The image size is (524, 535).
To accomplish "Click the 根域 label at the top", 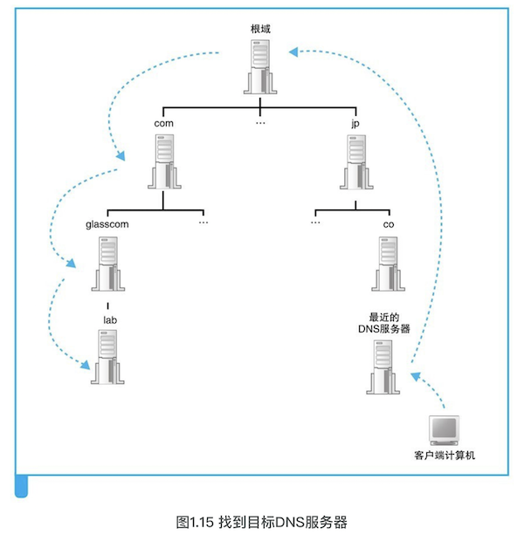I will coord(260,29).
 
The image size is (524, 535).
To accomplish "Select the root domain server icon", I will coord(260,66).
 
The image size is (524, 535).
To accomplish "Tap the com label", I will coord(163,123).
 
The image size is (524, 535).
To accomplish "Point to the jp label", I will coord(355,123).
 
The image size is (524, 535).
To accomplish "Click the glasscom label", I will coord(107,223).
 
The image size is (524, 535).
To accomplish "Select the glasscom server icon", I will coord(107,267).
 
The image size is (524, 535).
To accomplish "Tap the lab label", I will coord(110,319).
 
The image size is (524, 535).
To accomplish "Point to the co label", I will coord(389,223).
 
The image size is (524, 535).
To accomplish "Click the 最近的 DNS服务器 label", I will coord(384,322).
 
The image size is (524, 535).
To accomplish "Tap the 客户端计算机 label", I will coord(444,456).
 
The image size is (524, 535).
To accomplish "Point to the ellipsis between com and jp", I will coord(260,124).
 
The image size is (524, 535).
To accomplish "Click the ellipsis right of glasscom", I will coord(203,223).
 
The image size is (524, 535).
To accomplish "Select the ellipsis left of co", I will coord(315,223).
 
